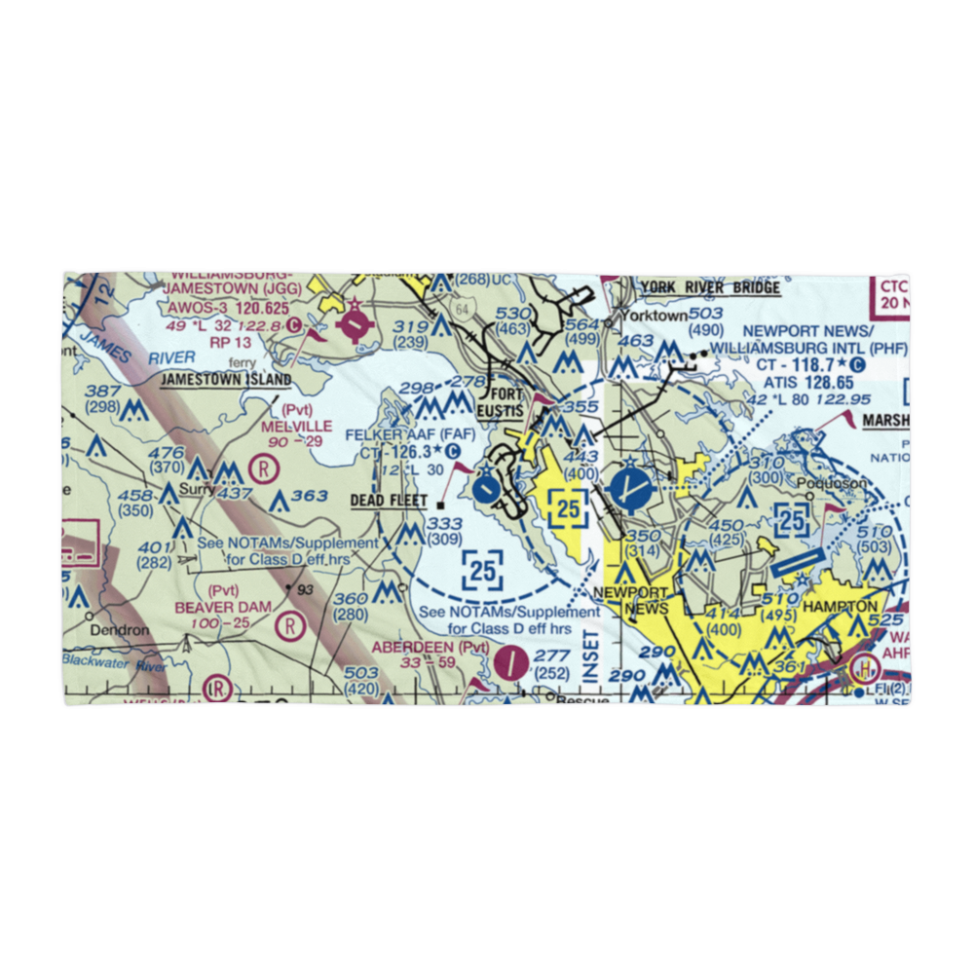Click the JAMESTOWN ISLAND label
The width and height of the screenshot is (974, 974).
[x=226, y=379]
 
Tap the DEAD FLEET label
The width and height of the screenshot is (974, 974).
[x=389, y=501]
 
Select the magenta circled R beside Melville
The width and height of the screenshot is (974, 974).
[x=262, y=468]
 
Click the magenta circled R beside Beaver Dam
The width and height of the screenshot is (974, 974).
[x=289, y=626]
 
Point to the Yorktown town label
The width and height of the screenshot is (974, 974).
[x=654, y=316]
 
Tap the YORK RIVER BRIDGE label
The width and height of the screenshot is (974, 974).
[x=710, y=287]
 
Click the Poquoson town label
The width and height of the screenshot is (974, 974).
[x=825, y=481]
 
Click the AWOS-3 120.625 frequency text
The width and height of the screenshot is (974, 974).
[x=226, y=307]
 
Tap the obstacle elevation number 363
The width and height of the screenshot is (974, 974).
[x=310, y=496]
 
